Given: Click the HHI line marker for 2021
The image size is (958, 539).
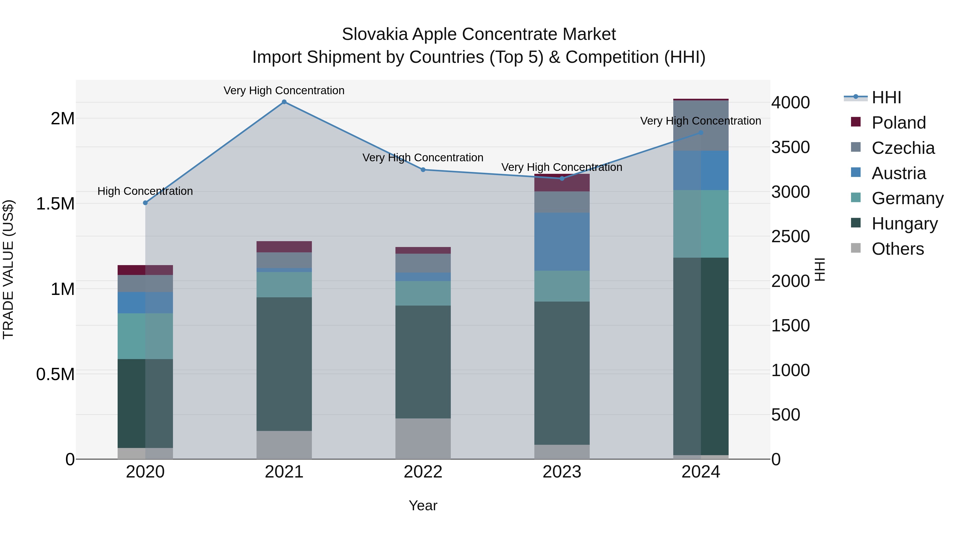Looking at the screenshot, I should click(x=284, y=102).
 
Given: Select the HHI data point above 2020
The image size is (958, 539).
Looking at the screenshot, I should click(x=145, y=203).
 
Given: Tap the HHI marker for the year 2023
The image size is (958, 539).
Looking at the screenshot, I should click(x=562, y=179).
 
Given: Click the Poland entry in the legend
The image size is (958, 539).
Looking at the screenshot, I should click(x=898, y=123).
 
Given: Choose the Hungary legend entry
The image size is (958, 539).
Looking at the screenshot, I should click(x=905, y=224).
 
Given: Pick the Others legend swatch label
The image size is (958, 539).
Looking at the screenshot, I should click(x=897, y=249).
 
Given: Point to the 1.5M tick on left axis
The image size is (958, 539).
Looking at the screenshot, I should click(x=55, y=204).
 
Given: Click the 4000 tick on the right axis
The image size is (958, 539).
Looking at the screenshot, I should click(x=790, y=103).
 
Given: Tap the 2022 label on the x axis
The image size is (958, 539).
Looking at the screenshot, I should click(x=423, y=472).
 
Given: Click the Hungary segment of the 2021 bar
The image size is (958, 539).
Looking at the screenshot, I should click(x=284, y=364).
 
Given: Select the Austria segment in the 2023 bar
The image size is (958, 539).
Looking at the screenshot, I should click(x=562, y=242).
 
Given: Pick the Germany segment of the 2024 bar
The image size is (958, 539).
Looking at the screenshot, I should click(x=701, y=224).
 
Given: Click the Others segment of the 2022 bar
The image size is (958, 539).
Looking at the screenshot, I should click(x=423, y=439).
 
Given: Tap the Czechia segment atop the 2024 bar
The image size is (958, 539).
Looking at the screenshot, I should click(x=701, y=125).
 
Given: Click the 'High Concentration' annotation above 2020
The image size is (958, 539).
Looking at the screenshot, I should click(x=145, y=191).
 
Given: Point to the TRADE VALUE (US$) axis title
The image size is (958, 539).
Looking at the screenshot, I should click(x=8, y=269).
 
